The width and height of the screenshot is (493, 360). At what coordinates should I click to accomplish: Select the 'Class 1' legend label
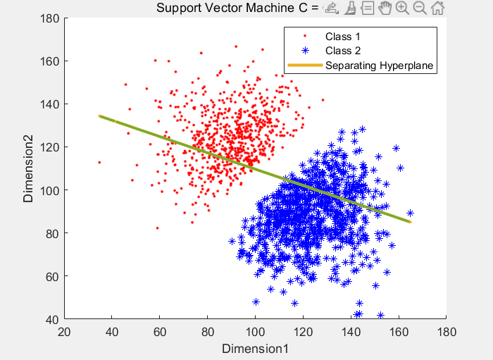click(343, 37)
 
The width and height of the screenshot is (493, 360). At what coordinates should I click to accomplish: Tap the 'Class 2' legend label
click(343, 51)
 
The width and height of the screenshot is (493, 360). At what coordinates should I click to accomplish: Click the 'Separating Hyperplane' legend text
click(379, 66)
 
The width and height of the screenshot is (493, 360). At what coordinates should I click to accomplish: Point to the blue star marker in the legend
click(305, 51)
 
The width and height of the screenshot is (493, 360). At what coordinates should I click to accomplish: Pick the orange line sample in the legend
click(305, 66)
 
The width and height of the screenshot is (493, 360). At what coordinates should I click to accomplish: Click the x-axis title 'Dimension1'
click(255, 349)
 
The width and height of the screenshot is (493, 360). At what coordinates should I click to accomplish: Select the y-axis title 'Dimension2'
click(28, 169)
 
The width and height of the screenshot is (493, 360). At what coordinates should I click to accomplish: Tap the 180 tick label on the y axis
click(50, 18)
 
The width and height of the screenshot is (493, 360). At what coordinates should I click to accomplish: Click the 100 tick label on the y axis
click(50, 190)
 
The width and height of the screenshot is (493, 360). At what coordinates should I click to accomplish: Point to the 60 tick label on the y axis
click(53, 277)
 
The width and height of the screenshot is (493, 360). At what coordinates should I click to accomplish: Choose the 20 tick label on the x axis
click(64, 332)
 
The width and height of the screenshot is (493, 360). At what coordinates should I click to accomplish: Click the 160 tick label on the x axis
click(399, 332)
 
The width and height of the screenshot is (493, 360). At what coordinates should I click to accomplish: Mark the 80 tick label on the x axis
click(208, 332)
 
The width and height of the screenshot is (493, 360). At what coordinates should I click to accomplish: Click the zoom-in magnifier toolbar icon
click(402, 8)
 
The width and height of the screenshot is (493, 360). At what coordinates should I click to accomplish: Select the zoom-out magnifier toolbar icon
click(420, 8)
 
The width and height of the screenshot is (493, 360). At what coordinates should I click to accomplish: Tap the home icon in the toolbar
click(437, 8)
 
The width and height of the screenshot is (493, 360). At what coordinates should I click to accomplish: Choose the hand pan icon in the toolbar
click(385, 8)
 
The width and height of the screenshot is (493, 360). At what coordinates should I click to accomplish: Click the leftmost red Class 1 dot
click(99, 162)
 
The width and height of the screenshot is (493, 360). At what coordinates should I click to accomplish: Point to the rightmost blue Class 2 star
click(410, 213)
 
